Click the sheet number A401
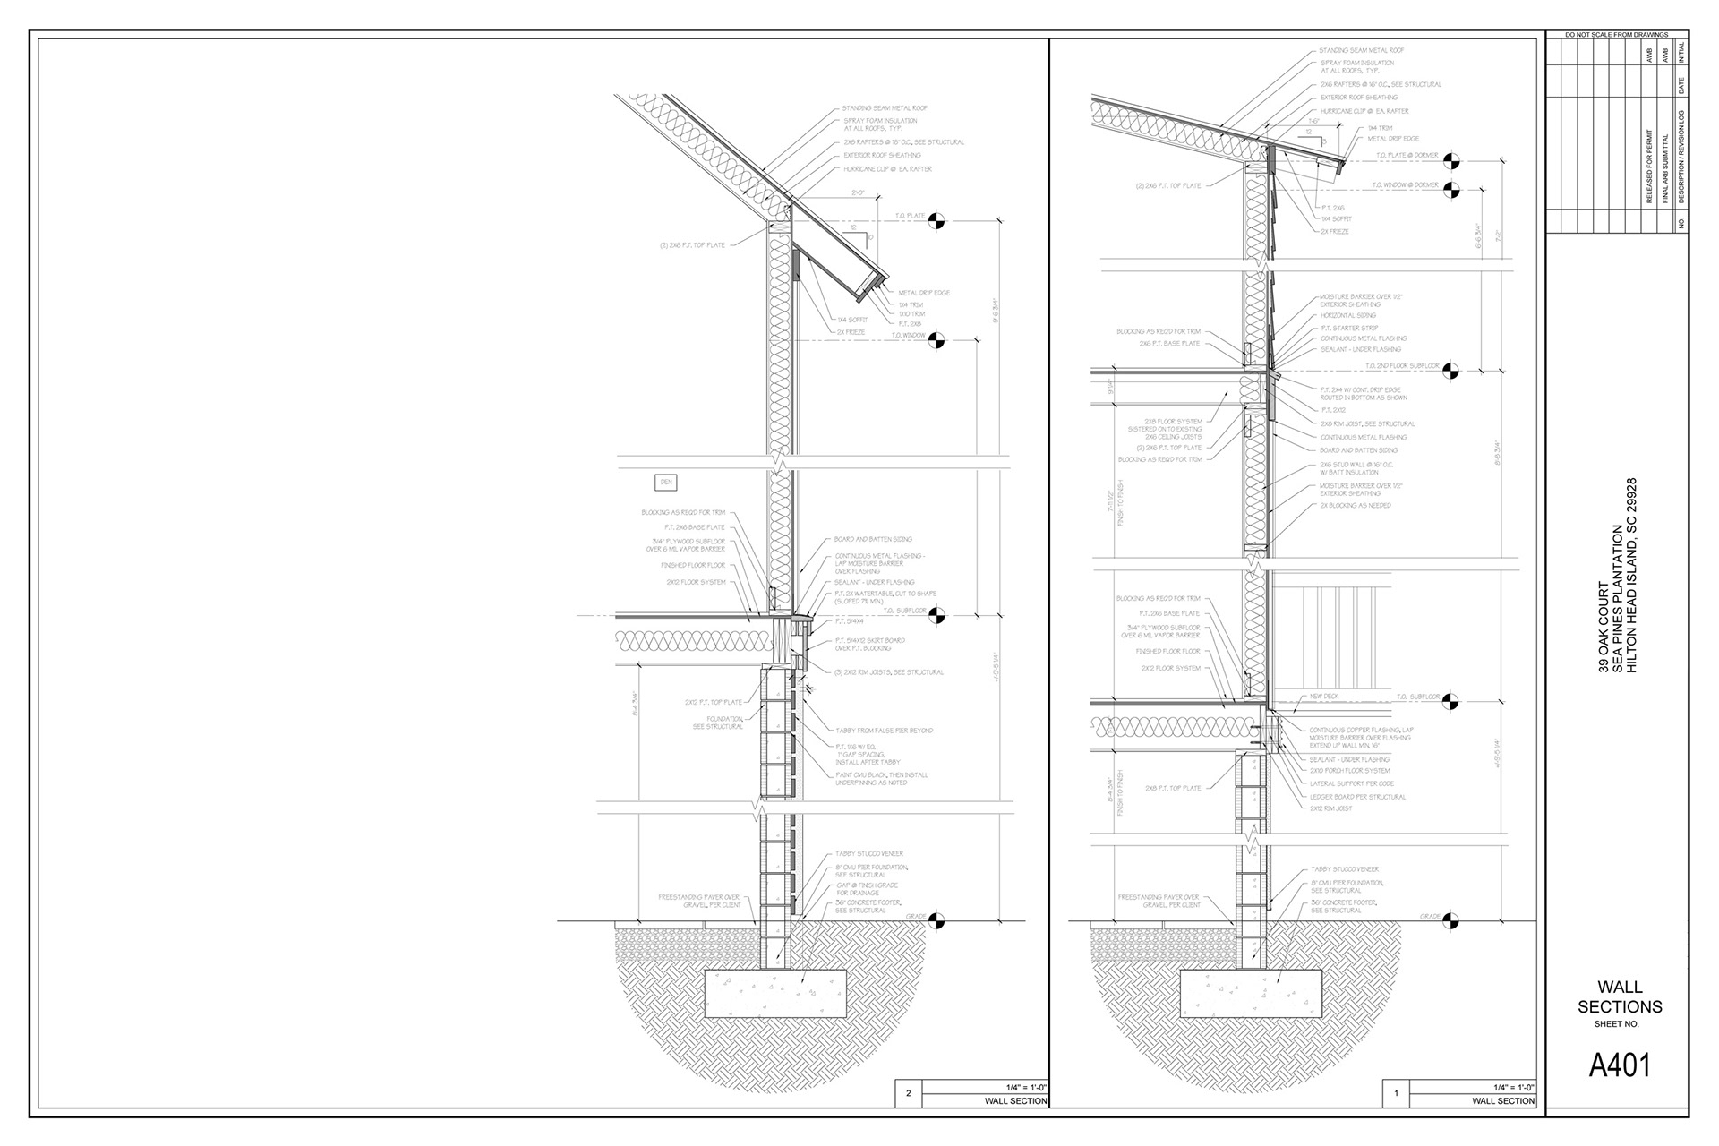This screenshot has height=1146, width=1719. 1619,1065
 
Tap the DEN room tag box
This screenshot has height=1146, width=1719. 665,483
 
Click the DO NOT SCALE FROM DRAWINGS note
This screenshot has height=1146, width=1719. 1616,35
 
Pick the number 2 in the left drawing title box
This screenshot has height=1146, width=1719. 909,1093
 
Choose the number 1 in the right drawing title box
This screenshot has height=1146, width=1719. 1396,1093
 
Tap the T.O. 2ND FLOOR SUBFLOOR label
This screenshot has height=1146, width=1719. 1403,366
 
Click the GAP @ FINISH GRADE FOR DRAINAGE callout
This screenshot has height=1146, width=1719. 867,889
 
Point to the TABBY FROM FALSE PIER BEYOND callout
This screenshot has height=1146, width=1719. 884,731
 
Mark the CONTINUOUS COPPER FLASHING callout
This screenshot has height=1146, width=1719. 1361,731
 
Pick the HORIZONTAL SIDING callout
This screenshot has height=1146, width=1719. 1347,316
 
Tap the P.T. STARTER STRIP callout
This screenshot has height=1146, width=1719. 1349,328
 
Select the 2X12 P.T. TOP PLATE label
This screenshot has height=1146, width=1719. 714,703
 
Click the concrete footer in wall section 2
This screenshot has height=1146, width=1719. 775,993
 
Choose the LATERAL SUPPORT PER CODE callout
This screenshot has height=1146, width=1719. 1351,783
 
